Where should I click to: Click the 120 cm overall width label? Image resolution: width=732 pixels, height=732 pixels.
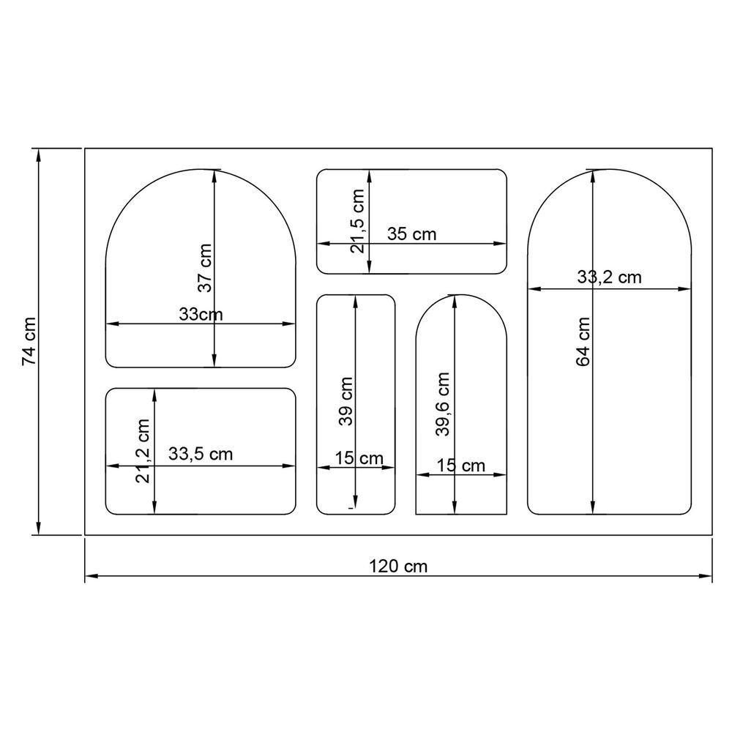(x=398, y=567)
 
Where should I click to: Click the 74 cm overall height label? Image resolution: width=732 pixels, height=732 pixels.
(x=29, y=341)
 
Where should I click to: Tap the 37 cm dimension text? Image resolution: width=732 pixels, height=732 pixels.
(x=204, y=268)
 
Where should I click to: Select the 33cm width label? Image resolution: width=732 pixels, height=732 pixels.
(x=201, y=314)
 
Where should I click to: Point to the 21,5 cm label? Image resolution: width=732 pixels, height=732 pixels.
(x=357, y=221)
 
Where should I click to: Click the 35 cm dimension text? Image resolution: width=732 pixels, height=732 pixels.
(x=411, y=234)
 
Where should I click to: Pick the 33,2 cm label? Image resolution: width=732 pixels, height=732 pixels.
(x=609, y=277)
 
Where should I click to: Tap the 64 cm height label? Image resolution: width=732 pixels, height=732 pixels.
(x=583, y=342)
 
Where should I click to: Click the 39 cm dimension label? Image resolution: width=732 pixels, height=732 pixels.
(x=346, y=401)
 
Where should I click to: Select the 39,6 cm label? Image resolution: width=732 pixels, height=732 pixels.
(x=442, y=404)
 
